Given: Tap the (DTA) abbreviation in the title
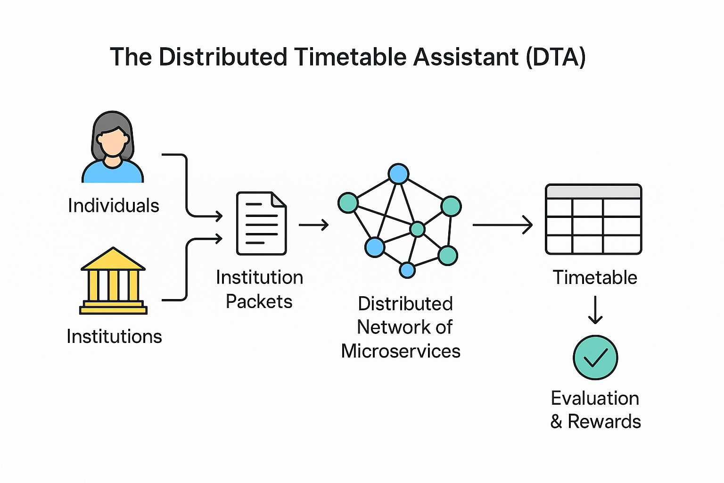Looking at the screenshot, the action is pyautogui.click(x=556, y=57).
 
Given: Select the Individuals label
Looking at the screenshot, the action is pyautogui.click(x=114, y=206).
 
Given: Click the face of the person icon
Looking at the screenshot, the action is pyautogui.click(x=113, y=142).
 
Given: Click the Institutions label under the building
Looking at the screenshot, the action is pyautogui.click(x=114, y=336).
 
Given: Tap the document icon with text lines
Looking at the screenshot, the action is pyautogui.click(x=262, y=223).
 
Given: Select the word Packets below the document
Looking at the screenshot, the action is pyautogui.click(x=259, y=301).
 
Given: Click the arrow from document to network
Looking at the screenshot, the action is pyautogui.click(x=313, y=225).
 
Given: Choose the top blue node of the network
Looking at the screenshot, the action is pyautogui.click(x=398, y=174).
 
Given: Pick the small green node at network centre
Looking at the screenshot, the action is pyautogui.click(x=417, y=229).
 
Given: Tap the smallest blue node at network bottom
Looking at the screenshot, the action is pyautogui.click(x=407, y=270).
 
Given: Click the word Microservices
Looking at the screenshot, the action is pyautogui.click(x=401, y=351).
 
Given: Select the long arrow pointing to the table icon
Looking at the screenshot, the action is pyautogui.click(x=502, y=225).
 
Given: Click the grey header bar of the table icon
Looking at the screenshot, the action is pyautogui.click(x=593, y=192).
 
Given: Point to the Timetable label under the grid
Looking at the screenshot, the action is pyautogui.click(x=595, y=277).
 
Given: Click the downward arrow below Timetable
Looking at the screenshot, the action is pyautogui.click(x=595, y=309).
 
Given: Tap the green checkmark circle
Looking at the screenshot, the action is pyautogui.click(x=595, y=358).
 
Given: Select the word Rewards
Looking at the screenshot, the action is pyautogui.click(x=604, y=422).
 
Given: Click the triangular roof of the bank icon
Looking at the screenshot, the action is pyautogui.click(x=113, y=259).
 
